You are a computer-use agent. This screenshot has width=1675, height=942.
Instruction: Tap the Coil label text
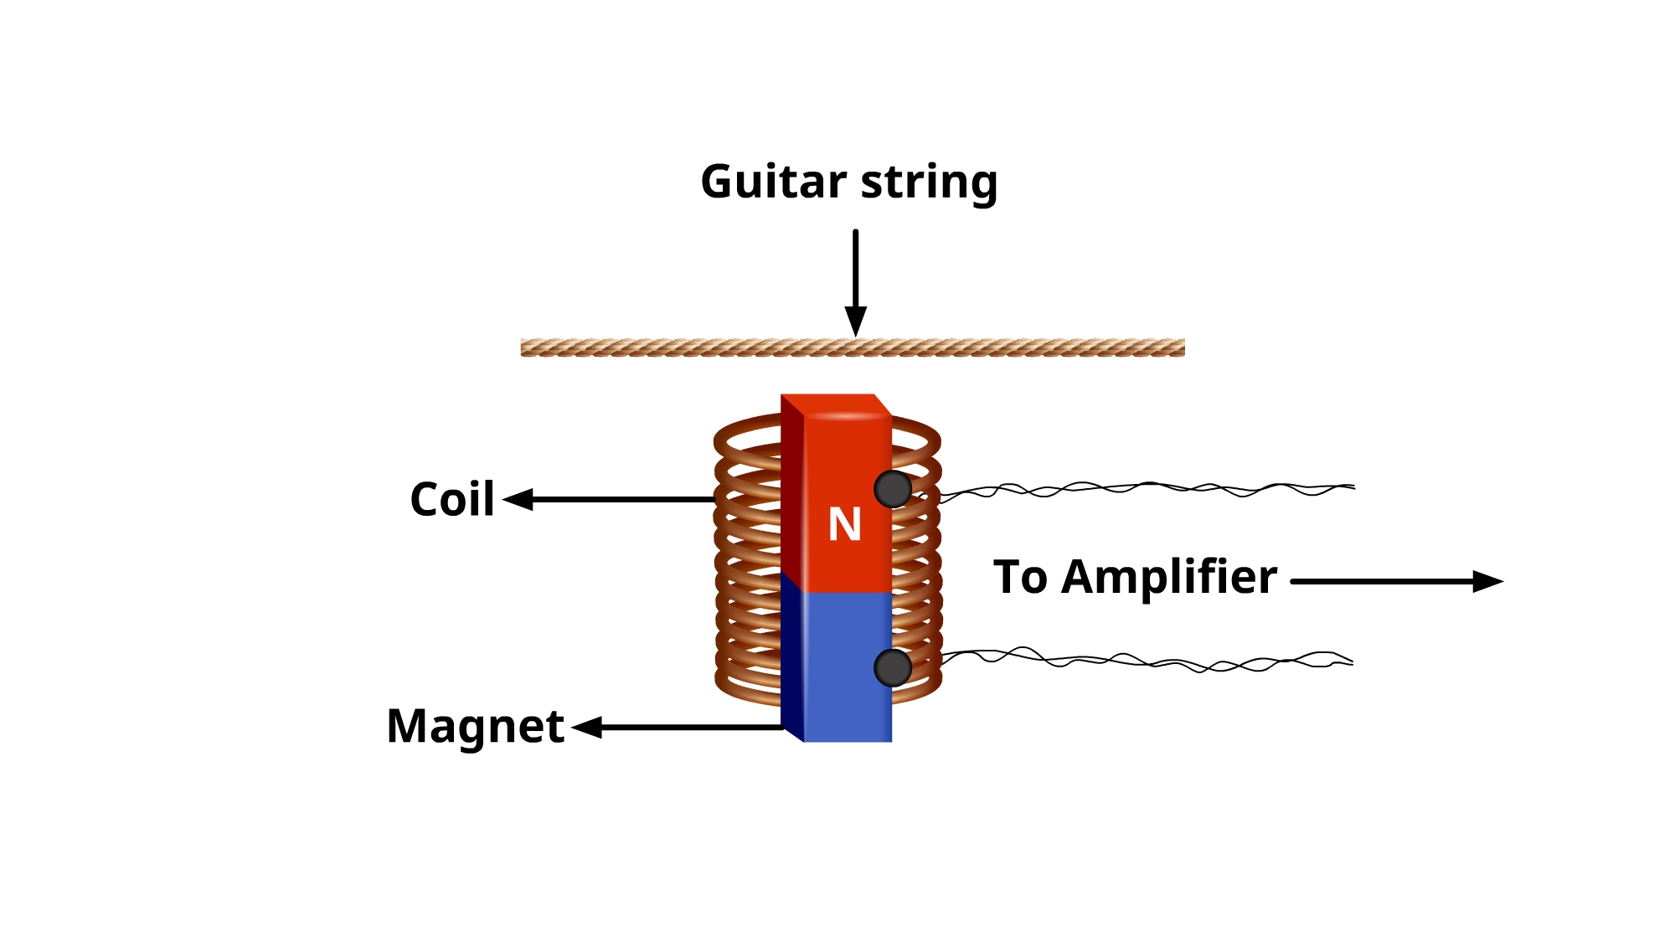(x=452, y=500)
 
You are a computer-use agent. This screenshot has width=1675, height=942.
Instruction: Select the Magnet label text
(x=475, y=726)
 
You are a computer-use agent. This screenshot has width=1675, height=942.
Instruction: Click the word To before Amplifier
(x=1020, y=577)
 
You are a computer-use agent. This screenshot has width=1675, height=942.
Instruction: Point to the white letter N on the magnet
(x=844, y=525)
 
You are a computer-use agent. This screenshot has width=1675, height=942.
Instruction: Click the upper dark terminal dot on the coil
(x=893, y=489)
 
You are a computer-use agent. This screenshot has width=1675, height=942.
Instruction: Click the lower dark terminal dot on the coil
(x=893, y=667)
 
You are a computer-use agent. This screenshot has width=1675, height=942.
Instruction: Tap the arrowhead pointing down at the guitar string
(x=855, y=321)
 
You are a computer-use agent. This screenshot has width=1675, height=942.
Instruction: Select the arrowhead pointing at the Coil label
(x=518, y=500)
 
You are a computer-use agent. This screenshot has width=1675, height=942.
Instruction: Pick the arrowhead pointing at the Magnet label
(x=587, y=727)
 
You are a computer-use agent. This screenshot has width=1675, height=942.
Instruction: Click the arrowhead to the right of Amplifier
(x=1487, y=581)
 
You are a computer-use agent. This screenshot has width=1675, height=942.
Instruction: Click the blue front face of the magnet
(x=848, y=666)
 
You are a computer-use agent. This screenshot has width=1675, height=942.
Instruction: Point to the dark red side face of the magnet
(x=792, y=494)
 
